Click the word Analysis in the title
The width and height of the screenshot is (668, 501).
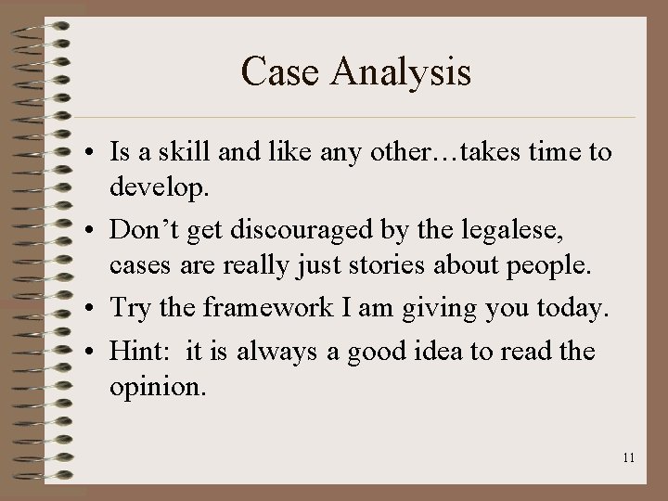(x=401, y=72)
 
